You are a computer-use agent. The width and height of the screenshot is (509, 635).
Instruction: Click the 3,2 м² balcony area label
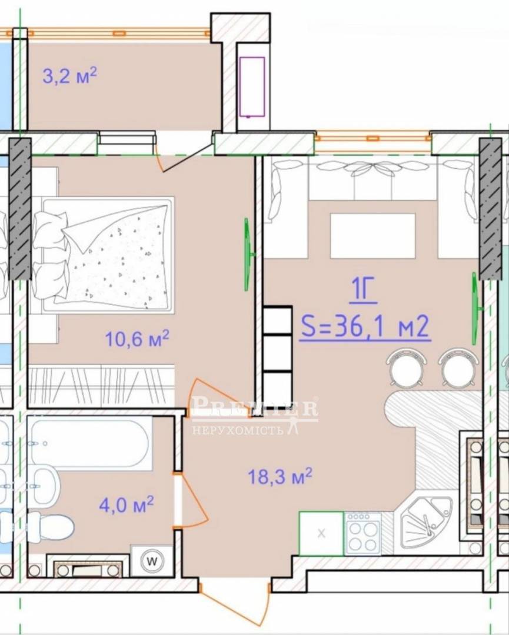[69, 76]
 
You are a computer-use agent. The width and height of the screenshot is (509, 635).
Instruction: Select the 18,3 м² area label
[280, 476]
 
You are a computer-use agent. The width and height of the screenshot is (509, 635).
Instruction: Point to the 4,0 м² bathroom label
[127, 504]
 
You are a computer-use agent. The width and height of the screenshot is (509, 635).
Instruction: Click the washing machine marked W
[152, 561]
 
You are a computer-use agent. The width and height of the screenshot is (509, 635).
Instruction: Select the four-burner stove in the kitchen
[362, 533]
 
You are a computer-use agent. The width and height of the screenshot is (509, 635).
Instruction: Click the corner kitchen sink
[425, 523]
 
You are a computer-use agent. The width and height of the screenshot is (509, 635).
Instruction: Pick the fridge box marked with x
[321, 533]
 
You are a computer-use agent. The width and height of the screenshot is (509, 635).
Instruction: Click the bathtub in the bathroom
[89, 444]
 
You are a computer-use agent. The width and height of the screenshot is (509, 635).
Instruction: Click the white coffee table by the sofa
[373, 236]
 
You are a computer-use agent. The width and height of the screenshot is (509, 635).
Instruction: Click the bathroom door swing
[191, 500]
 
